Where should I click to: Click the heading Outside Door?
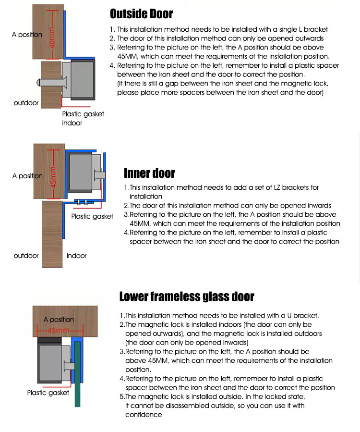[x=142, y=13]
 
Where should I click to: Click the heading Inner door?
[x=149, y=173]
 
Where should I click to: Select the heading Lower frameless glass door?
[x=187, y=296]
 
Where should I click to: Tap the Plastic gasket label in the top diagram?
[x=83, y=114]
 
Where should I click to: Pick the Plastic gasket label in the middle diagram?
[x=92, y=216]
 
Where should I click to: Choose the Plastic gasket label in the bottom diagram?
[x=48, y=393]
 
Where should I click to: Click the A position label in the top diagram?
[x=27, y=35]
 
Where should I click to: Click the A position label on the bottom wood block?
[x=59, y=320]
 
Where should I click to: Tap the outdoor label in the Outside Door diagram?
[x=26, y=103]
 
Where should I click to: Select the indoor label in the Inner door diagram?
[x=76, y=256]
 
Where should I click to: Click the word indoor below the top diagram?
[x=72, y=123]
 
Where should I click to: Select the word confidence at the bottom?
[x=144, y=415]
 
